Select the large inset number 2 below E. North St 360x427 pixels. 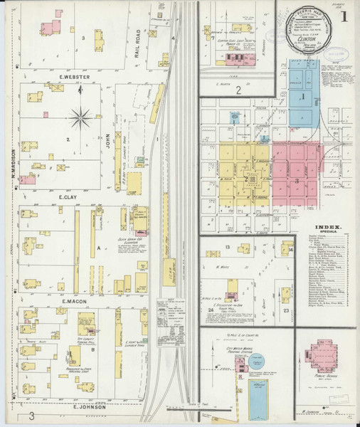coord(240,90)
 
